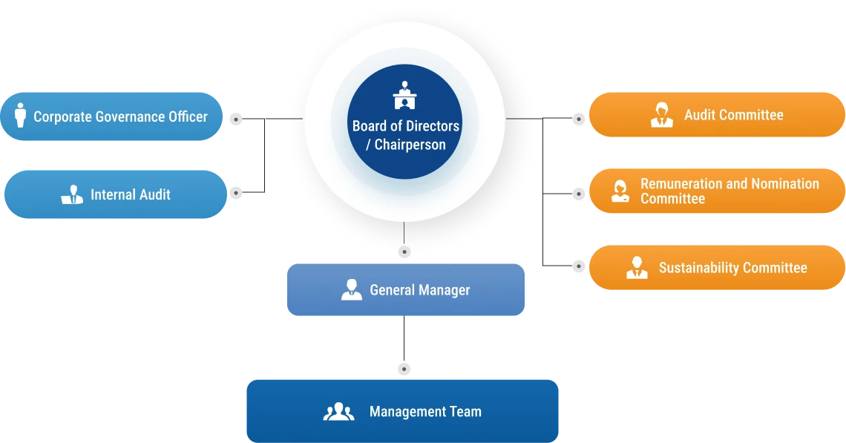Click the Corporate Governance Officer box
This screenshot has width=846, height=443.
[111, 117]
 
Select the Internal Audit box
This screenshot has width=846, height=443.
[116, 194]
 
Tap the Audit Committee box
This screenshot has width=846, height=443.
[717, 114]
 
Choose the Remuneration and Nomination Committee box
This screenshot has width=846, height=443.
[717, 191]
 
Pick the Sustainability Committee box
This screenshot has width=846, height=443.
[717, 268]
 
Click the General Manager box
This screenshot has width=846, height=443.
[406, 289]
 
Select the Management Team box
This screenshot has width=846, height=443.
[402, 411]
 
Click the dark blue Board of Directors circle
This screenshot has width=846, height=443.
[404, 122]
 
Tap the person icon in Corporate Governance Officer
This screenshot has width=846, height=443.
[21, 116]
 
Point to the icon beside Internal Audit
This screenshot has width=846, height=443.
[72, 194]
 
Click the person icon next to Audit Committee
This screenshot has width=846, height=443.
[661, 115]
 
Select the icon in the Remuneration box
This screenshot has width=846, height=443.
[620, 191]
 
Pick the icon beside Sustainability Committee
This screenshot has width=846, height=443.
[637, 268]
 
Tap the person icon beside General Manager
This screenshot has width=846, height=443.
[352, 289]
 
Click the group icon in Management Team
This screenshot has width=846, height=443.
[339, 412]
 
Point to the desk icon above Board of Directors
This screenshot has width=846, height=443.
[404, 95]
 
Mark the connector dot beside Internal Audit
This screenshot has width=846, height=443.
[236, 193]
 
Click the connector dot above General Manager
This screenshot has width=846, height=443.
[404, 252]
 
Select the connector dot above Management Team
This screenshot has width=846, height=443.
[404, 369]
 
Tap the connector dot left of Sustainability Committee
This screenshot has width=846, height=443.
[578, 266]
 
